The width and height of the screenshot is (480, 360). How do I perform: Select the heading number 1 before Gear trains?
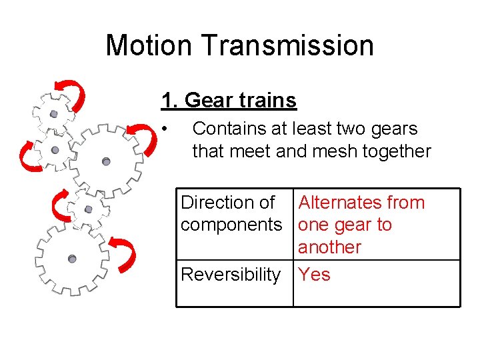point(167,101)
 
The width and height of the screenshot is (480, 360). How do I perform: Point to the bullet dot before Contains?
point(165,129)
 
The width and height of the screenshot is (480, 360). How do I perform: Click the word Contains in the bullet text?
point(233,129)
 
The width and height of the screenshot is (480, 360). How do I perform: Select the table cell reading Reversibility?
point(231,275)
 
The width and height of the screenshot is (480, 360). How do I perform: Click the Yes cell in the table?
point(314,275)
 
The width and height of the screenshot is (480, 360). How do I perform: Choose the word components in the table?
point(231,225)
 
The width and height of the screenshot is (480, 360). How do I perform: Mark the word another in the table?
point(329,247)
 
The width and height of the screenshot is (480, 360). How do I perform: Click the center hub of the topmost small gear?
point(53,114)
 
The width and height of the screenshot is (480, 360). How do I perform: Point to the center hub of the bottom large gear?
point(72,259)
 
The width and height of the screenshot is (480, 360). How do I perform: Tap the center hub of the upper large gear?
point(105,161)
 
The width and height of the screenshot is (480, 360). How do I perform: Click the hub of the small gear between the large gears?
point(88,209)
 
